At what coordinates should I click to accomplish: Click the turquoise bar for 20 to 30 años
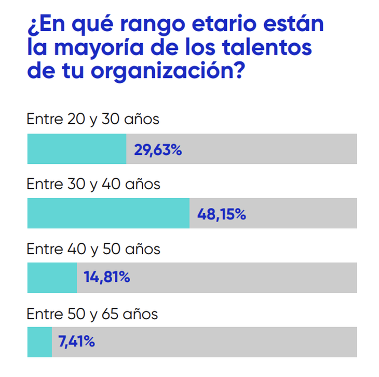click(x=77, y=149)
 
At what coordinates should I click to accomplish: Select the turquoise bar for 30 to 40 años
click(x=109, y=213)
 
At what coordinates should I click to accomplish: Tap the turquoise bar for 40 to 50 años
click(x=52, y=277)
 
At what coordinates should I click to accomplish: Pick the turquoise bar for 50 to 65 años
click(x=39, y=342)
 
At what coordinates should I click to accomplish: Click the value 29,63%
click(x=158, y=150)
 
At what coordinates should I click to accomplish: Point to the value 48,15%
click(x=222, y=214)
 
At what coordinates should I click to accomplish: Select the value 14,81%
click(x=107, y=278)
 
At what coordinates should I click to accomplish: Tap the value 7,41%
click(x=76, y=342)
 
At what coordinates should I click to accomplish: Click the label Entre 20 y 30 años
click(x=93, y=120)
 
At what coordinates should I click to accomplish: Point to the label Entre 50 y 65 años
click(x=92, y=314)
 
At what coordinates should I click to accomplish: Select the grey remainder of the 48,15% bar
click(x=301, y=213)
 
